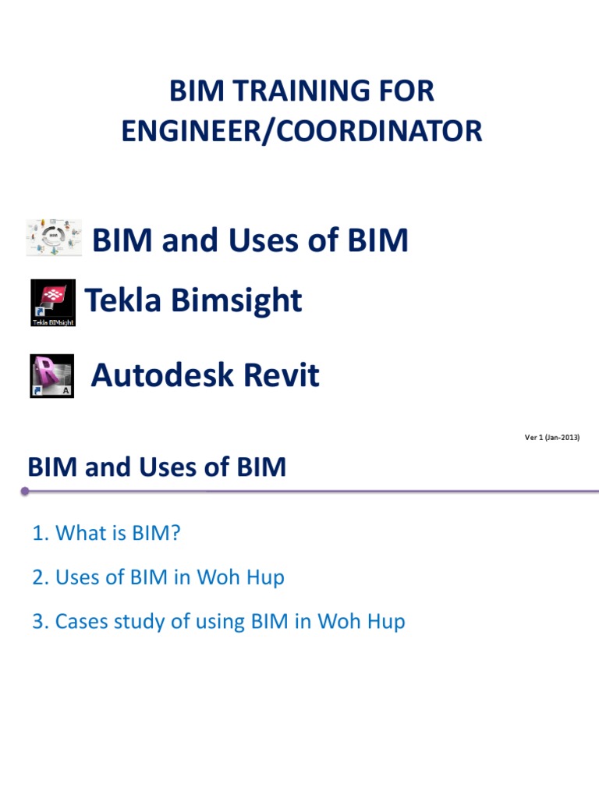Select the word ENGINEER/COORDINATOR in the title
(x=301, y=131)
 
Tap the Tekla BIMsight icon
(x=53, y=303)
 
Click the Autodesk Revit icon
(x=52, y=376)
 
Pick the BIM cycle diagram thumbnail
(x=53, y=236)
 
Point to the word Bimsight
(x=233, y=300)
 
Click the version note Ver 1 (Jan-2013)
(x=551, y=438)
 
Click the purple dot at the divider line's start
(x=25, y=492)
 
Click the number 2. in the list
(x=40, y=578)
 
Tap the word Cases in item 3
(x=83, y=623)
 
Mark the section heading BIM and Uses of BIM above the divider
(x=157, y=467)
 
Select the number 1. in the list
(x=40, y=534)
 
